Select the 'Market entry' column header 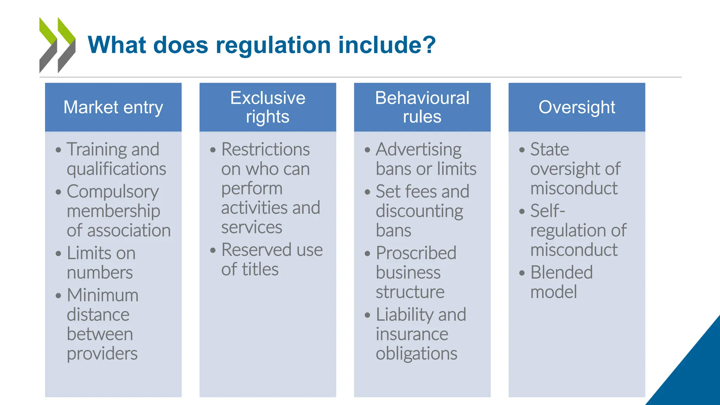113,107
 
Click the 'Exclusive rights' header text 268,107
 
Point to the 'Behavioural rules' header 422,107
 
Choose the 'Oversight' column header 577,107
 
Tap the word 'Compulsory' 113,192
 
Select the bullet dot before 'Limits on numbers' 58,253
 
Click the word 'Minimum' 103,295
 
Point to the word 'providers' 102,354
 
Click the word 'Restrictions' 265,149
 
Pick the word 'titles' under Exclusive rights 260,270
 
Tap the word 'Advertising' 419,149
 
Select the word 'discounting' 419,211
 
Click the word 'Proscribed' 416,253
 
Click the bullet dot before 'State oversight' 522,150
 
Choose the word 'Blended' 561,272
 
